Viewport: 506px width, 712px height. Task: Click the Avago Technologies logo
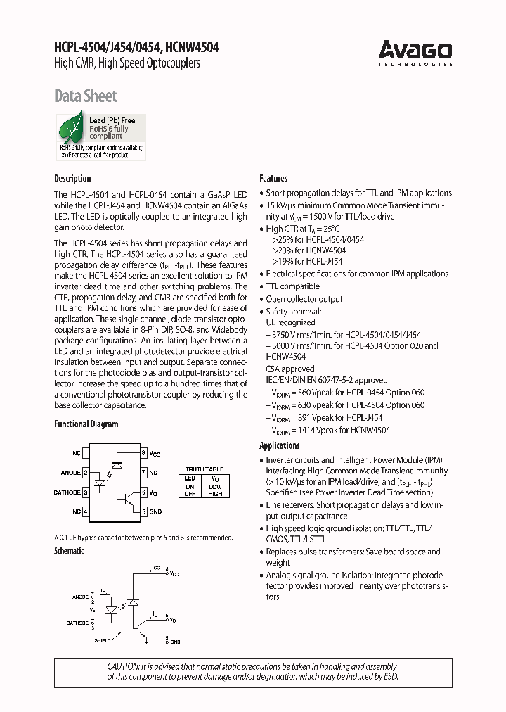pos(415,53)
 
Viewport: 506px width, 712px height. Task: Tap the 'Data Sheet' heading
pos(86,96)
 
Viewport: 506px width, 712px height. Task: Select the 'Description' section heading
pos(72,179)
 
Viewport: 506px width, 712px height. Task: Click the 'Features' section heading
pos(273,179)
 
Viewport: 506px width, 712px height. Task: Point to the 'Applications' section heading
pos(279,445)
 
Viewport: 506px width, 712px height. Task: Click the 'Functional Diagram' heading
pos(86,424)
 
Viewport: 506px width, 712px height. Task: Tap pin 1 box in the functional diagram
pos(85,454)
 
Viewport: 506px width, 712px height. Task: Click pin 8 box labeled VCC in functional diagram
pos(143,454)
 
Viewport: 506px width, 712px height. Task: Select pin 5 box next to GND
pos(143,511)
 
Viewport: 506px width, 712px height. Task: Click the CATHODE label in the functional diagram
pos(67,492)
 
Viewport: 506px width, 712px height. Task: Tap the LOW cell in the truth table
pos(215,486)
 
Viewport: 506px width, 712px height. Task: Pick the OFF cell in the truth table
pos(190,494)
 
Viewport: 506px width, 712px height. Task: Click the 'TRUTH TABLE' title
pos(204,469)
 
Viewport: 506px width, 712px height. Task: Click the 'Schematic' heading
pos(69,551)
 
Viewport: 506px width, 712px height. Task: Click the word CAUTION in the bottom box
pos(124,666)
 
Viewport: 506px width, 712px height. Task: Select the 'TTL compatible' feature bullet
pos(292,286)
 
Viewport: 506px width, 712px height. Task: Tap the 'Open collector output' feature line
pos(304,299)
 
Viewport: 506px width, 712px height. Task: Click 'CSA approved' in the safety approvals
pos(290,369)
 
